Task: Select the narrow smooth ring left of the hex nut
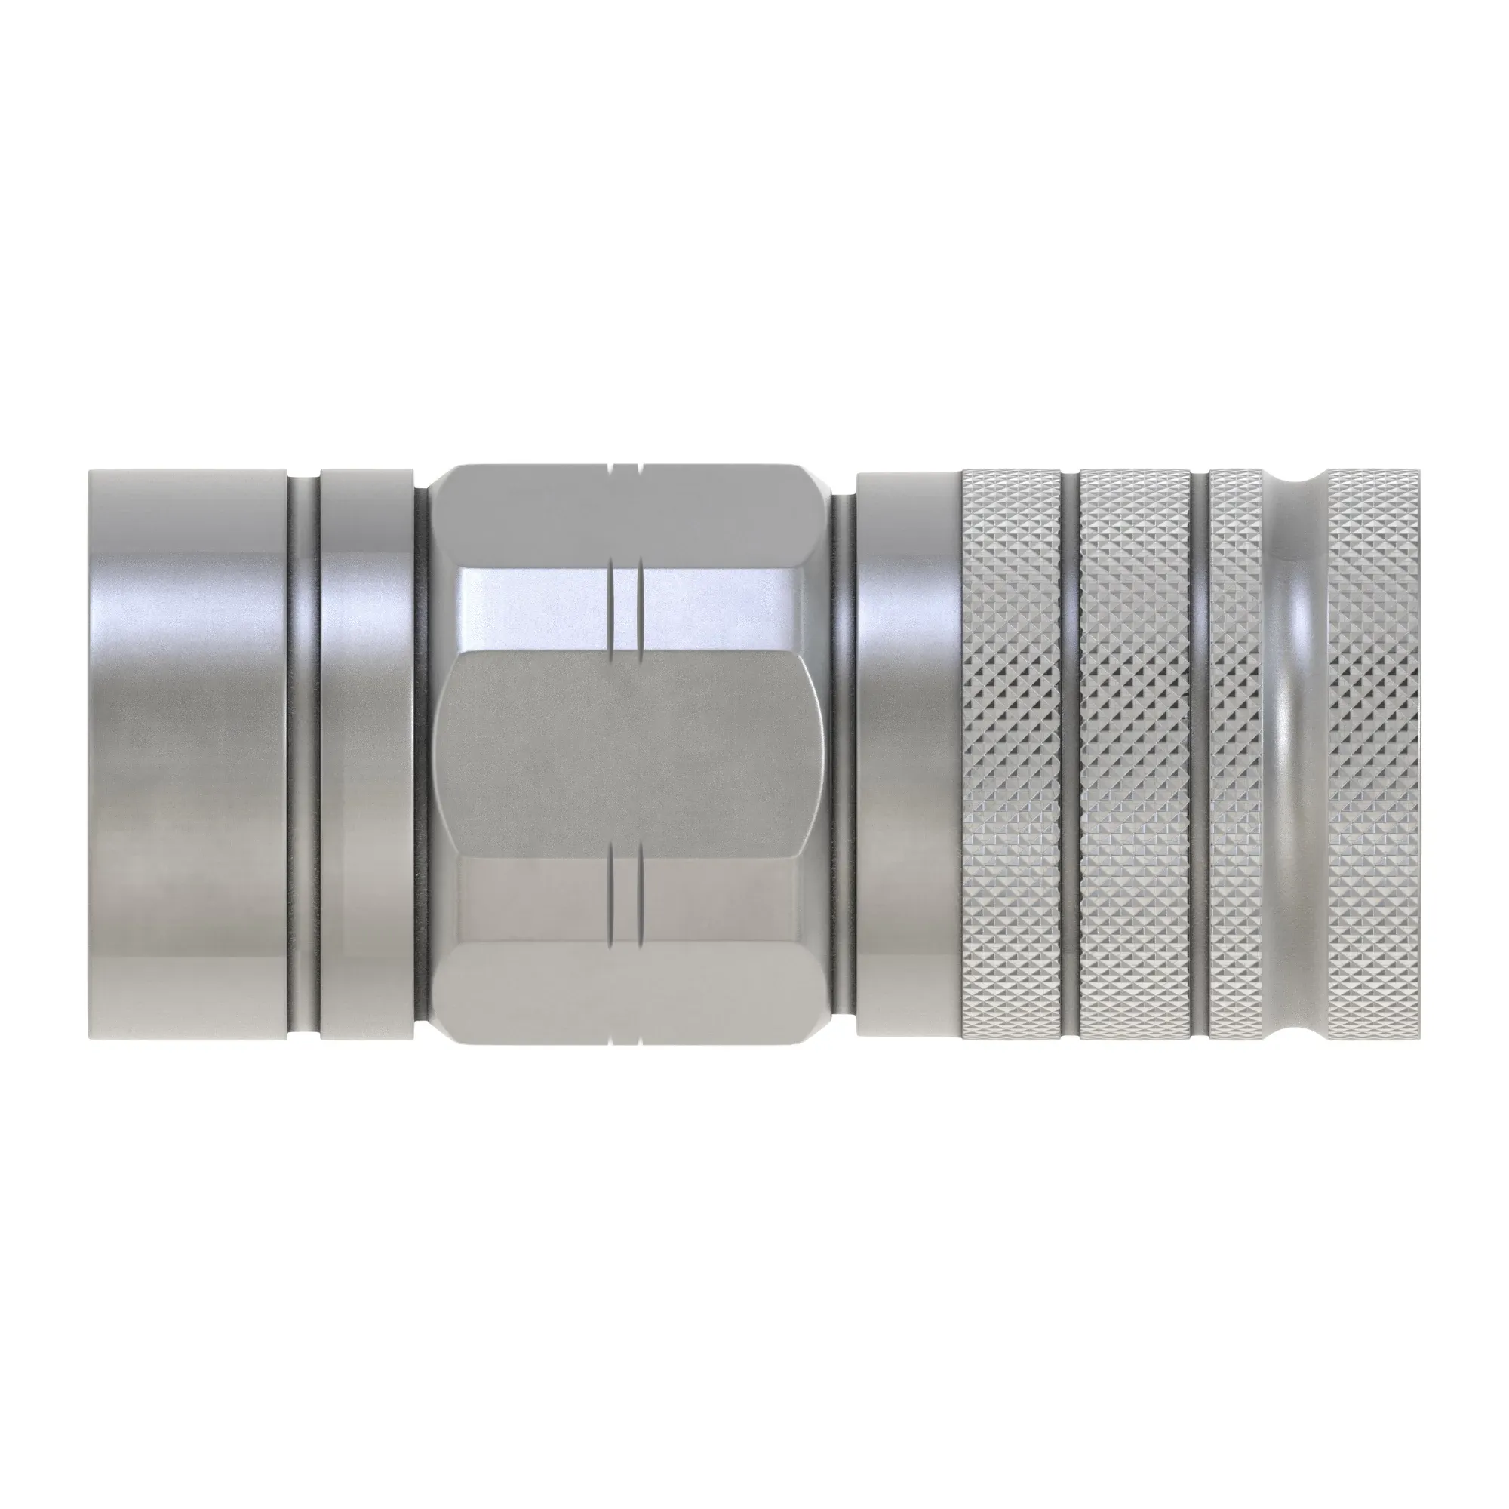365,754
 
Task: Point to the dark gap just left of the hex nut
422,754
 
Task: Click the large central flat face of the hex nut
625,754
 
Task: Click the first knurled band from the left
1011,754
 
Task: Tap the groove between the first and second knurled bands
1069,754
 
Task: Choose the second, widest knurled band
1134,754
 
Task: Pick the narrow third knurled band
1234,754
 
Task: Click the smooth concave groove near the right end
1292,754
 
